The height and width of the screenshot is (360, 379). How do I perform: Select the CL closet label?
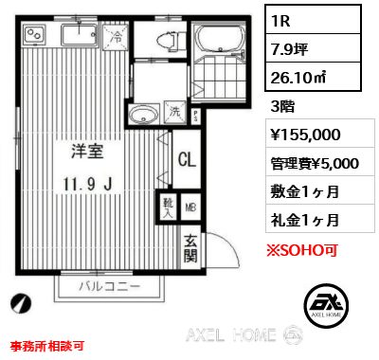(187, 159)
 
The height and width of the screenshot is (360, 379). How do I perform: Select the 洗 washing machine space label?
(175, 112)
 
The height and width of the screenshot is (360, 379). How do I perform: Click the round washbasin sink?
(143, 117)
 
